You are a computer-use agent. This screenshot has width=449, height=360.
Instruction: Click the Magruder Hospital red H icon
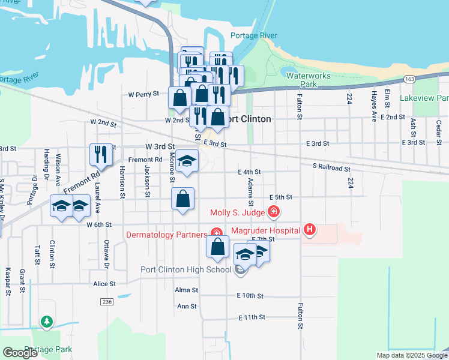click(x=309, y=229)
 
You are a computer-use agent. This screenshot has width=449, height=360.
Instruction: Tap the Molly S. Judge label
click(x=237, y=212)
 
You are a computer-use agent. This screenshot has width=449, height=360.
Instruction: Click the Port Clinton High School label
click(x=185, y=269)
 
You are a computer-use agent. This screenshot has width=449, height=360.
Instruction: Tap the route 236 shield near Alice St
click(x=107, y=301)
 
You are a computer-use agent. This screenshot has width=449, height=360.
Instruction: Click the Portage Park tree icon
click(x=47, y=323)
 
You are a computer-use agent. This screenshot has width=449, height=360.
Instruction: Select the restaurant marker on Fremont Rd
click(x=101, y=154)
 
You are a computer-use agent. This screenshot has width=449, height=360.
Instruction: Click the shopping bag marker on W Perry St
click(x=180, y=98)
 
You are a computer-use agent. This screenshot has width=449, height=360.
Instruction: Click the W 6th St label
click(x=100, y=224)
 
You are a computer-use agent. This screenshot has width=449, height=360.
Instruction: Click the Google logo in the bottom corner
click(x=20, y=353)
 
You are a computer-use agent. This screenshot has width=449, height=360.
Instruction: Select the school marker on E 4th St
click(x=188, y=161)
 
